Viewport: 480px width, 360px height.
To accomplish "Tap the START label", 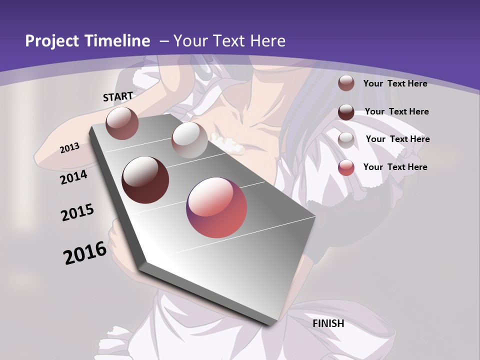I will point(118,96).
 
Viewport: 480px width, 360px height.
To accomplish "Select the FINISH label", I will point(328,323).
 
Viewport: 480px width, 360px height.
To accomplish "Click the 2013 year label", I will point(70,148).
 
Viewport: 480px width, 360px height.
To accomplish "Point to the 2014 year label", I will point(74,177).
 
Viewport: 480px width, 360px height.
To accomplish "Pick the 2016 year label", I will point(85,253).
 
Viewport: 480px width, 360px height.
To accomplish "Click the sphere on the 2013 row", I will point(122,123).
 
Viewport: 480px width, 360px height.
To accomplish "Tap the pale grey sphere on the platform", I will point(189,140).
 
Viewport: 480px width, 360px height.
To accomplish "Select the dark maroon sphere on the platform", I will point(145,180).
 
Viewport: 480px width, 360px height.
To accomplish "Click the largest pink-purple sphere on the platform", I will point(216,207).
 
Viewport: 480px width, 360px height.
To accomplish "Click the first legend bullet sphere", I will point(346,83).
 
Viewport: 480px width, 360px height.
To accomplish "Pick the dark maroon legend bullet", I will point(346,112).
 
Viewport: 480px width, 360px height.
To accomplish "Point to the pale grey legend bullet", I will point(346,139).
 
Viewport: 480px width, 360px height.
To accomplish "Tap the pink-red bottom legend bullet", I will point(346,167).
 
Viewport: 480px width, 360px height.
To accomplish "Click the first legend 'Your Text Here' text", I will point(395,83).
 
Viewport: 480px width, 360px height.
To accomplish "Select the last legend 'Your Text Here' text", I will point(395,167).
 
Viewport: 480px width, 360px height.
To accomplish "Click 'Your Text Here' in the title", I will point(229,41).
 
